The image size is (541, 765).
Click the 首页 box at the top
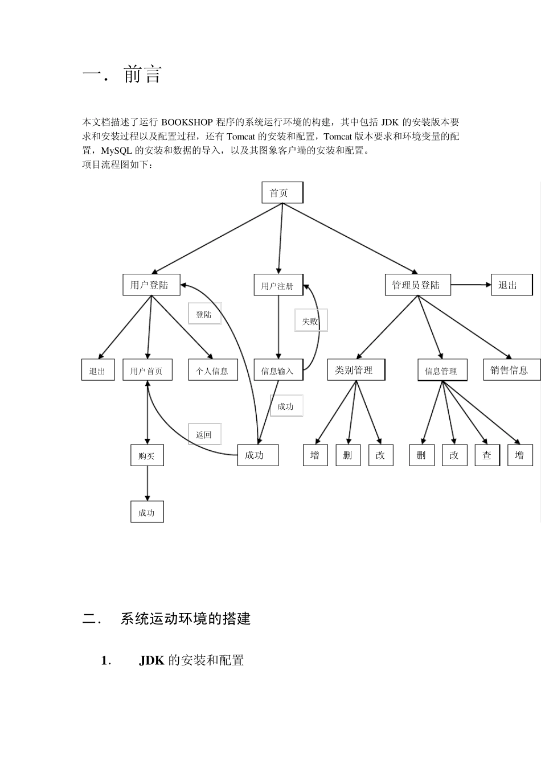[282, 193]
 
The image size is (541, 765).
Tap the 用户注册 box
[278, 286]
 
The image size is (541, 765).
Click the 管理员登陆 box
[417, 285]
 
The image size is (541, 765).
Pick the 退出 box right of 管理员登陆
[511, 285]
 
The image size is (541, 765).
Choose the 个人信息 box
[212, 371]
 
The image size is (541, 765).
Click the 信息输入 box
[278, 371]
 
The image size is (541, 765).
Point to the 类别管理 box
[356, 370]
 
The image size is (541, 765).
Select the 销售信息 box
[511, 370]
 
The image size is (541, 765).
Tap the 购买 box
[147, 455]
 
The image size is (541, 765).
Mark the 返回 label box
[204, 434]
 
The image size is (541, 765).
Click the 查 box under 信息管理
[487, 455]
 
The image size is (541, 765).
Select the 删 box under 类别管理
[347, 455]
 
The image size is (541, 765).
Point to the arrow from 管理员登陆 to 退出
[470, 285]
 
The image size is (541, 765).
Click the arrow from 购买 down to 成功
[147, 484]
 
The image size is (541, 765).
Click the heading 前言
[143, 75]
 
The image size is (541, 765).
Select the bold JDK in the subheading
[151, 660]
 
